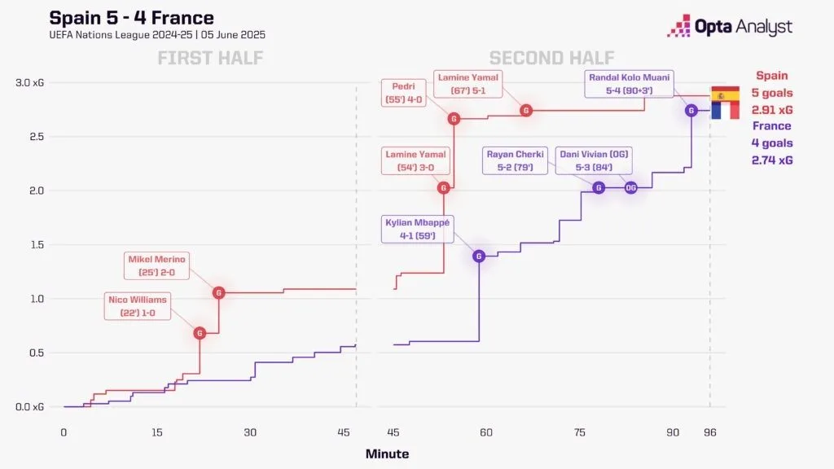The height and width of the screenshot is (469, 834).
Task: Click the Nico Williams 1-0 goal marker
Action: click(x=200, y=332)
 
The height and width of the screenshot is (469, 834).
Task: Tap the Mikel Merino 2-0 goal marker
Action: click(x=218, y=292)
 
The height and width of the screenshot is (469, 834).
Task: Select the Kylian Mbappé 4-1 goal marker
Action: click(x=479, y=256)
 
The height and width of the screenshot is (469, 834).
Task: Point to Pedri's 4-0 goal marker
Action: click(x=454, y=119)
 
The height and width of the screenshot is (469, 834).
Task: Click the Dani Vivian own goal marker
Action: click(x=630, y=187)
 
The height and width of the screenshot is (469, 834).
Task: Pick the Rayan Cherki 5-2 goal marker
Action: click(x=599, y=187)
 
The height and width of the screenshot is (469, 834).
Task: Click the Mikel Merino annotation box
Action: click(x=157, y=266)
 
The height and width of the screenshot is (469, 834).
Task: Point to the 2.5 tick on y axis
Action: click(x=33, y=137)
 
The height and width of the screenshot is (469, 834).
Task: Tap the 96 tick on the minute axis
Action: click(x=709, y=432)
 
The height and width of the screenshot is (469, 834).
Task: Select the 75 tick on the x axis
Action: click(x=580, y=432)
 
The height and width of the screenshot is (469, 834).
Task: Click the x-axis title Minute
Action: click(x=387, y=454)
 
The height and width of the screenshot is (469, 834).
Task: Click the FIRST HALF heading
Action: click(x=209, y=58)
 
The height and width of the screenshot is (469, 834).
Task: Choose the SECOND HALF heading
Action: click(x=551, y=58)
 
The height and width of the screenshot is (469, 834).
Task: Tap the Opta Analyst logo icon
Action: click(x=678, y=26)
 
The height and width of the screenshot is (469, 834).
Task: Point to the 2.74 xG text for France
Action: click(x=771, y=160)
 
